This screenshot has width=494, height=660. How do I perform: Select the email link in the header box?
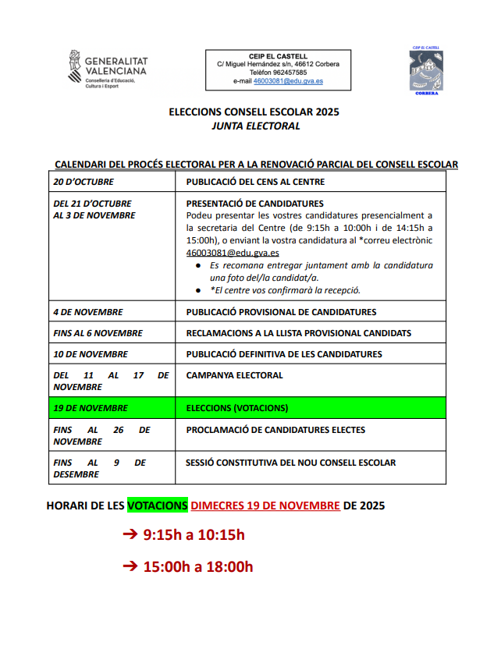point(288,81)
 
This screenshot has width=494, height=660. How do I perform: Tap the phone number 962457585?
point(288,73)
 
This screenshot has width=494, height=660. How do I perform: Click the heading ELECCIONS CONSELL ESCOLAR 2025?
point(254,112)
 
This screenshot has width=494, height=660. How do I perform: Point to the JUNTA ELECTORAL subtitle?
point(255,126)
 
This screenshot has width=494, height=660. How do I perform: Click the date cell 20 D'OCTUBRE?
point(84,182)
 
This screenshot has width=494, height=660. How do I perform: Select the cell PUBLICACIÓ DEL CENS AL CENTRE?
point(255,182)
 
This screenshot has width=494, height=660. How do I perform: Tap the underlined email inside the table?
point(233,253)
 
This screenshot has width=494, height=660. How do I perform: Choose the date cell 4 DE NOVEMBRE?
point(88,312)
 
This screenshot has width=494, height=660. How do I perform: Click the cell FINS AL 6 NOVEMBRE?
point(98,333)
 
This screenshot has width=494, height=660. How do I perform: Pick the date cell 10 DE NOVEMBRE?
point(91,354)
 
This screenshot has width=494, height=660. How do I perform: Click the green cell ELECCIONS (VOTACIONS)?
point(237,408)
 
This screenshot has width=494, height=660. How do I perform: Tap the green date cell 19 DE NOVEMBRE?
point(91,408)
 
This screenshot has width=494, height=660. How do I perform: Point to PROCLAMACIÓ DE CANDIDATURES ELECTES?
point(275,430)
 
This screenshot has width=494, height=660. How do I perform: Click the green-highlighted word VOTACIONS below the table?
point(158,506)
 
